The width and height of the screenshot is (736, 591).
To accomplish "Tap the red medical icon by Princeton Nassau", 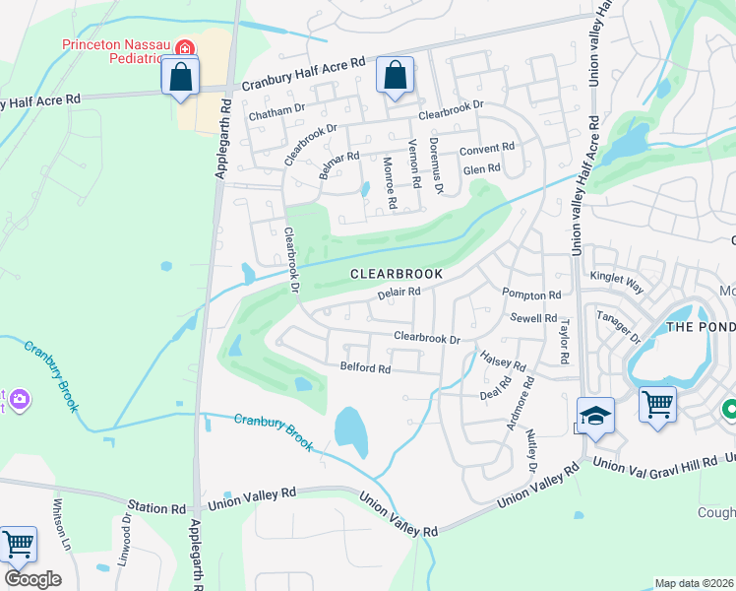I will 184,47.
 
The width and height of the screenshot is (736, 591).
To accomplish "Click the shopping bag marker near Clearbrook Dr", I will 395,76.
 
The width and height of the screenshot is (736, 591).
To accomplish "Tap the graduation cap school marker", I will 595,418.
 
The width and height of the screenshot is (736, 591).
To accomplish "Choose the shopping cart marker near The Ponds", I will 657,404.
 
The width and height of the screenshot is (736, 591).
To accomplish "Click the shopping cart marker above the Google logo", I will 18,546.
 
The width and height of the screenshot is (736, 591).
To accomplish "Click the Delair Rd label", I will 399,292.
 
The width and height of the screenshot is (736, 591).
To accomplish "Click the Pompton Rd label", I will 530,295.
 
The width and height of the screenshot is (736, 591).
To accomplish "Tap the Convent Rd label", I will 488,148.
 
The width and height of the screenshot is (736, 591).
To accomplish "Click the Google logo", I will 32,578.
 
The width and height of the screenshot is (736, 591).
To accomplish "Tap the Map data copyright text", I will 694,583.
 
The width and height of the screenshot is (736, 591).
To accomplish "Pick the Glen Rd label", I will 482,168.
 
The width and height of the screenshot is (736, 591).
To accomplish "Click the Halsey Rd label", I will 497,361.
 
